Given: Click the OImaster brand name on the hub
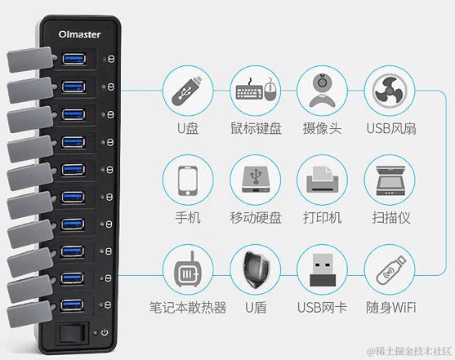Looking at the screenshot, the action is coord(79,34).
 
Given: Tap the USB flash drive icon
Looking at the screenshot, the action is coord(187,91).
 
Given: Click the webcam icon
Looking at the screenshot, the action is coord(322,91).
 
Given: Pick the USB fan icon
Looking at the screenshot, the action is coord(390,91).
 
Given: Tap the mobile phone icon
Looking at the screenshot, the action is coord(188,181).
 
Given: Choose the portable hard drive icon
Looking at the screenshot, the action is coord(256,180).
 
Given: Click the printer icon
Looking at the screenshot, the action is coord(322,180).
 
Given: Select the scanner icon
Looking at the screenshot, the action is coord(390,180).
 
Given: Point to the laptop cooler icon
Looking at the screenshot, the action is coord(187,269).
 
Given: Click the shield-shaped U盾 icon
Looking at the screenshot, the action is coord(256,270).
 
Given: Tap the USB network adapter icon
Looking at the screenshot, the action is coord(323,269).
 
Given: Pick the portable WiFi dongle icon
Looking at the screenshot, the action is coord(390,269).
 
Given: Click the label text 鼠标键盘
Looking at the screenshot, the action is coord(256,128).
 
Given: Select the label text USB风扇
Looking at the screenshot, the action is coord(390,128).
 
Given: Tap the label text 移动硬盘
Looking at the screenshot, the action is coord(256,218).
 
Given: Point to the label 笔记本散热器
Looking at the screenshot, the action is coord(188,308).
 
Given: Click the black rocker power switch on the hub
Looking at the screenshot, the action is coord(72,333).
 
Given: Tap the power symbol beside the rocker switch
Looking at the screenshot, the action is coord(105,332).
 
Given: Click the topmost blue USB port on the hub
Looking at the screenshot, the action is coord(74,59).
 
